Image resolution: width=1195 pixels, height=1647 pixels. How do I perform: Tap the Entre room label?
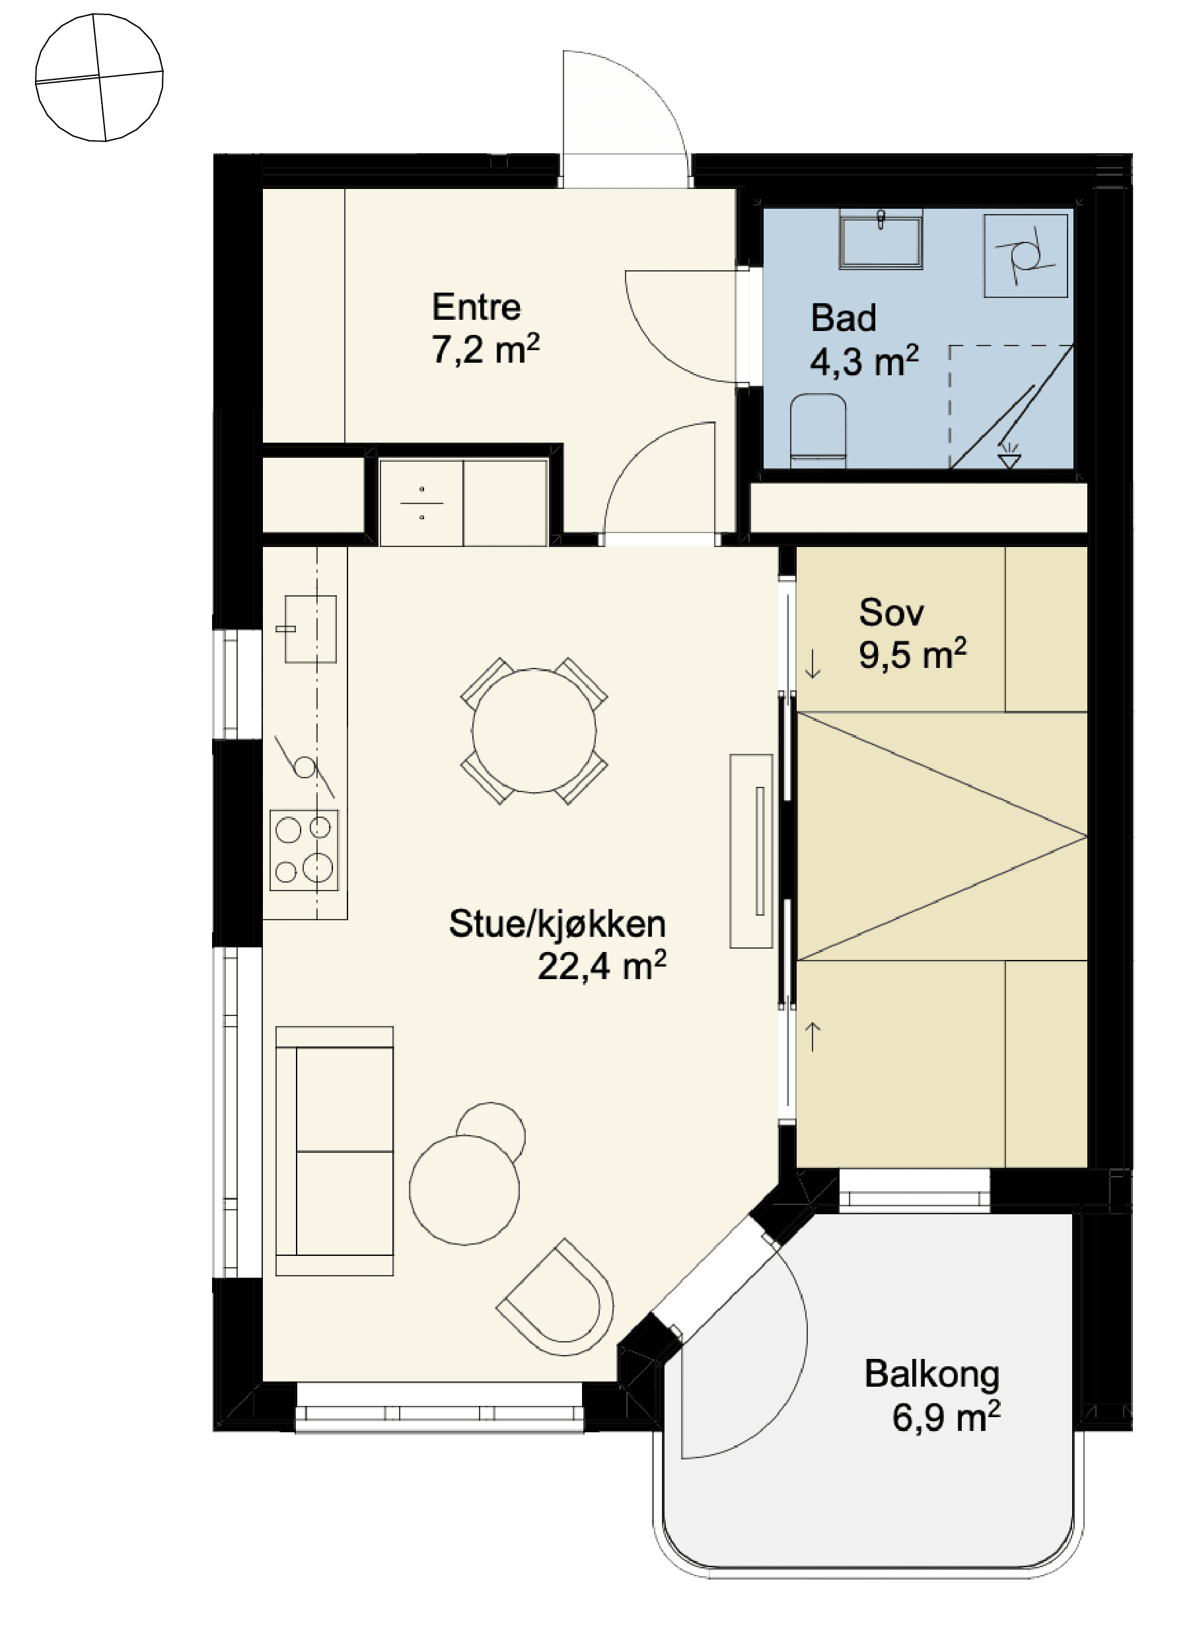click(x=476, y=307)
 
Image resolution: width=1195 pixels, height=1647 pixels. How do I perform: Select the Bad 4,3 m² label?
click(x=864, y=340)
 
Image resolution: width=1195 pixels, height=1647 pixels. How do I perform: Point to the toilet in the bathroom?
click(x=818, y=431)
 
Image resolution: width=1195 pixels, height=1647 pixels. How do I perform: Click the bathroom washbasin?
click(x=881, y=239)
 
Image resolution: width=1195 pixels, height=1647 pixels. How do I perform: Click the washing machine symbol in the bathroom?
click(x=1025, y=256)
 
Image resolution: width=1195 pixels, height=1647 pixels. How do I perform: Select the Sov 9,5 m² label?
click(x=912, y=634)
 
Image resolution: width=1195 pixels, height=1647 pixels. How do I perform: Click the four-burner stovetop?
click(x=304, y=850)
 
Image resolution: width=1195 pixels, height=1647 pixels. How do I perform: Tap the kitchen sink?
click(x=310, y=629)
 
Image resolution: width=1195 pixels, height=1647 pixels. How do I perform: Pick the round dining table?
click(x=534, y=731)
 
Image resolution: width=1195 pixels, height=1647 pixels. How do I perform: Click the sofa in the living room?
click(x=335, y=1151)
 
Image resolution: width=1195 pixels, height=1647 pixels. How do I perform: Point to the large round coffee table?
click(x=464, y=1189)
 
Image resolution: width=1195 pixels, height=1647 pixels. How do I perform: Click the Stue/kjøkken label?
click(x=557, y=924)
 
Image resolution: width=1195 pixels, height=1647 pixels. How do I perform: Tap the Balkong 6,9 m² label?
click(x=932, y=1394)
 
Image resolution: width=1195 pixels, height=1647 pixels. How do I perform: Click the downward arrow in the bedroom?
click(x=813, y=664)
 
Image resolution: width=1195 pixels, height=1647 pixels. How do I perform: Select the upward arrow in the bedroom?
click(x=813, y=1037)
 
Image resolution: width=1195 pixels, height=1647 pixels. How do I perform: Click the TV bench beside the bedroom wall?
click(x=750, y=851)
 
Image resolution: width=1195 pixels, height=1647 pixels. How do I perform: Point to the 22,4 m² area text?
click(x=602, y=966)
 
